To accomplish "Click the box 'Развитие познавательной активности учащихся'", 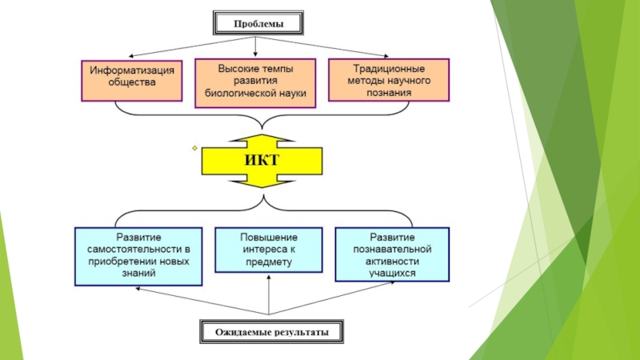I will (392, 255).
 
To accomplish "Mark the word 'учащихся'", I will (392, 272).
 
